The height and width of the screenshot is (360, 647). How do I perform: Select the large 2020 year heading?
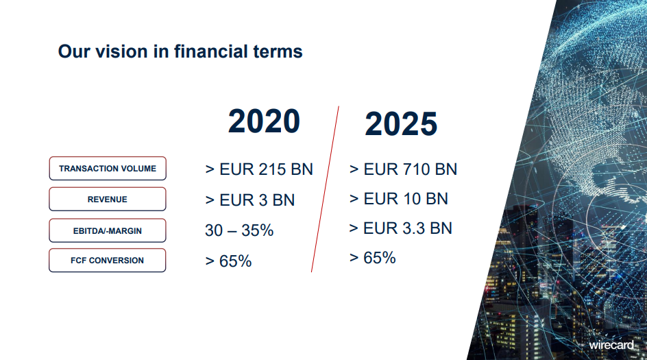264,121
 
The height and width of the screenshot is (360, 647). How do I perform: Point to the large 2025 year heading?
401,123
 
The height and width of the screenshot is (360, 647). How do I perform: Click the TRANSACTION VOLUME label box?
108,169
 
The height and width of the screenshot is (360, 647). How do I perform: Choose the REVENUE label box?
108,199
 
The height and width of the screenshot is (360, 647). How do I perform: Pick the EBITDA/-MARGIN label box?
108,230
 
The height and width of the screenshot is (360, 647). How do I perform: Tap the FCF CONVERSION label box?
108,260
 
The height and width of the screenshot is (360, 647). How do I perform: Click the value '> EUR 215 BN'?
259,169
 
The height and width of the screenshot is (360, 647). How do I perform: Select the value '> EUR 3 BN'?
250,200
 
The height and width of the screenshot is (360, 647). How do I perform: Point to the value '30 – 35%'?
239,230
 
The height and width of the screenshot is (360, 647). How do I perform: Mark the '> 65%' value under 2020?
228,261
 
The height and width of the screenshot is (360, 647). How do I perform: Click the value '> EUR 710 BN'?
403,169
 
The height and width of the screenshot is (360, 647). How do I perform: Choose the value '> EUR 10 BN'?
399,199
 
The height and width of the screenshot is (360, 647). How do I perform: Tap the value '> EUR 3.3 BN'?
401,228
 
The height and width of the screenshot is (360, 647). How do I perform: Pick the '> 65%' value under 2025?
373,258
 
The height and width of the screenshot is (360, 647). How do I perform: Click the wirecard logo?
611,345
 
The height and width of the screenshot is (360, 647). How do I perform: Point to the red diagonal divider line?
325,189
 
